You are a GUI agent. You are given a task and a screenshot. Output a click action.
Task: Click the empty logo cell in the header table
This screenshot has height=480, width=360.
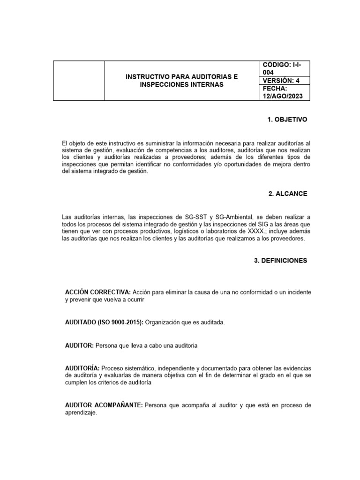pos(78,81)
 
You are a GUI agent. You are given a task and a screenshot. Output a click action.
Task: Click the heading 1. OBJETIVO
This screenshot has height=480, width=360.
pos(287,120)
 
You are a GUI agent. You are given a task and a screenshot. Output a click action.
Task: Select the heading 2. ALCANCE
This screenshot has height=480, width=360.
pos(288,194)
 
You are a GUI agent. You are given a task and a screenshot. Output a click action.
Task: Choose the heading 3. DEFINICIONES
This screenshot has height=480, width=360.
pos(280,261)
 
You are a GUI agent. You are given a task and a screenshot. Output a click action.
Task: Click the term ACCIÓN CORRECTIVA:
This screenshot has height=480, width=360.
pos(97,292)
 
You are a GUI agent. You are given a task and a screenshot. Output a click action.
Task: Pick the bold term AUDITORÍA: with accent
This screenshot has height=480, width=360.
pos(82,368)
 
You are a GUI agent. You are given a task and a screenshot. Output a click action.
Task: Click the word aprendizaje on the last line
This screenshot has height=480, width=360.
pos(81,412)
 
